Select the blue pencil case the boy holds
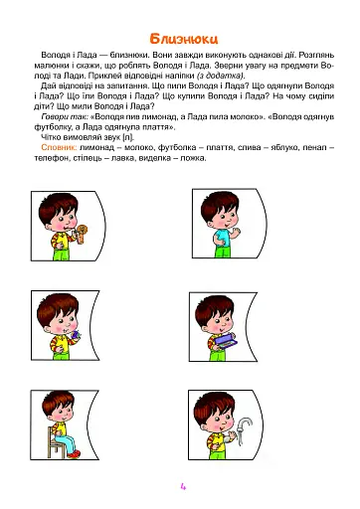point(224,335)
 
